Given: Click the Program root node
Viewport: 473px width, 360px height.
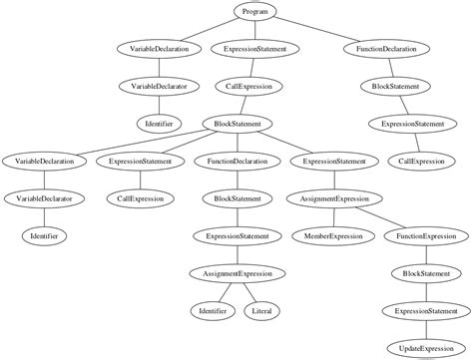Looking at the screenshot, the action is tap(255, 11).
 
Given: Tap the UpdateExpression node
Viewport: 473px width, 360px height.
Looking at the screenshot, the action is tap(427, 348).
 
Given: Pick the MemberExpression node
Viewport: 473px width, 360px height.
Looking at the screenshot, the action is tap(333, 236).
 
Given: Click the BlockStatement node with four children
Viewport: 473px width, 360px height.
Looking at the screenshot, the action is tap(237, 124).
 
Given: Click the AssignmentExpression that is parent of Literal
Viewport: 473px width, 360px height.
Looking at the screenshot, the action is tap(237, 273).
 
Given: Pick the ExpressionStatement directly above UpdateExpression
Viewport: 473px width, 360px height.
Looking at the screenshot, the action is tap(427, 311).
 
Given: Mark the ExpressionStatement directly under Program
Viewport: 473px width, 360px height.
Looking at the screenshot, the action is tap(255, 48).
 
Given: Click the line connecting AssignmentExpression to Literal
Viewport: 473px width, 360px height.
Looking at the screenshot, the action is tap(251, 293).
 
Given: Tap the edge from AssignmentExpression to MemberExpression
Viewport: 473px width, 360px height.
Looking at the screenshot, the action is tap(334, 217).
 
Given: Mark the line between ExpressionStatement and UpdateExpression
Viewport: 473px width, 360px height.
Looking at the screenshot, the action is tap(427, 330).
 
